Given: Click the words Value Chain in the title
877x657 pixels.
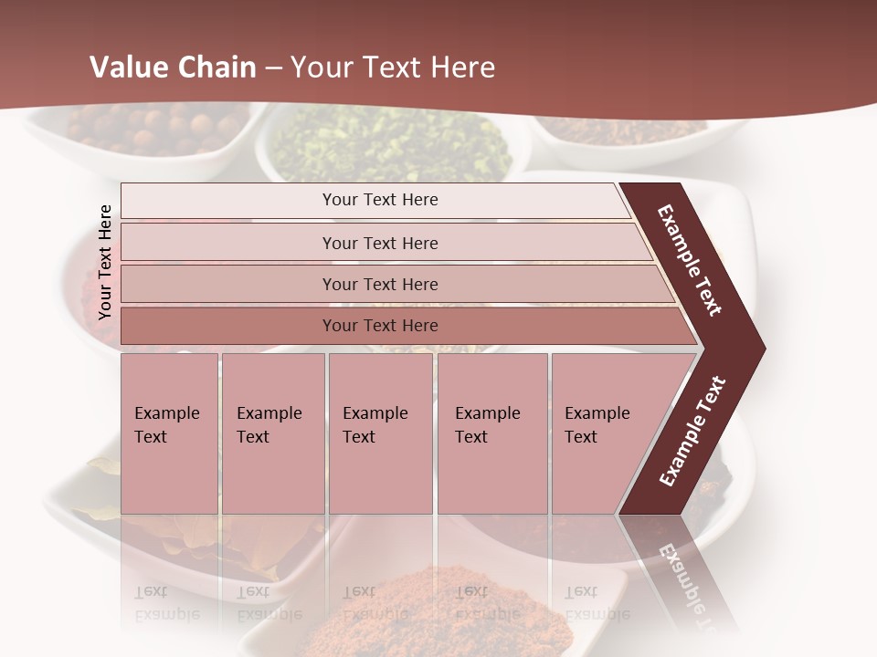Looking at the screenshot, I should point(173,68).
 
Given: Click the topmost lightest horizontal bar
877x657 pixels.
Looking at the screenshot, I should point(228,201).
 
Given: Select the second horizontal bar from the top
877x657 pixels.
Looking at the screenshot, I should point(228,243).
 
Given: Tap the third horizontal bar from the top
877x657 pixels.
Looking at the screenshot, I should point(228,284).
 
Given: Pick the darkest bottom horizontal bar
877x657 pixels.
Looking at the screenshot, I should point(228,326).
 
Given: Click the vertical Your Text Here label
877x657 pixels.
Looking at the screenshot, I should point(105,263).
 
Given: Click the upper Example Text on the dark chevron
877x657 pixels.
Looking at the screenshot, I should point(690,260).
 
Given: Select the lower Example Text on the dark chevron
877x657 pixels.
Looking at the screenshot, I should point(692,431).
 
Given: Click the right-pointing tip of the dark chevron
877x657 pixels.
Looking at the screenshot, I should point(758,348).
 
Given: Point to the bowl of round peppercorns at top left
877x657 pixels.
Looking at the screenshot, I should point(155,128).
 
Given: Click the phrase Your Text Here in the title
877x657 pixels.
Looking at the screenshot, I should point(393,68).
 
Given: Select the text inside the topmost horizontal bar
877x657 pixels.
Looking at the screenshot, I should point(380,200).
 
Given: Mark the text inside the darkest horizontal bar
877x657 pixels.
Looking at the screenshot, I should point(380,326).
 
